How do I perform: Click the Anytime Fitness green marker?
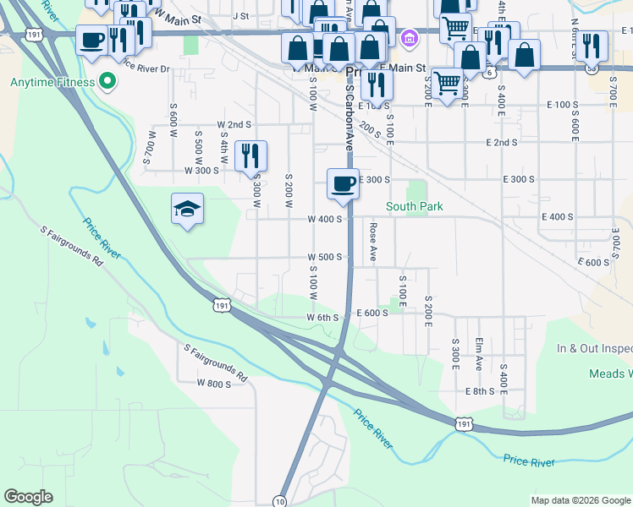point(107,82)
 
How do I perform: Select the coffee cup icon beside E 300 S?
point(344,184)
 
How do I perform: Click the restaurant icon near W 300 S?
point(250,155)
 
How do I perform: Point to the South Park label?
point(415,206)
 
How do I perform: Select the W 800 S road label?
point(213,383)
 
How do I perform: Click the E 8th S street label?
point(479,391)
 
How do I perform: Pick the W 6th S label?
point(322,318)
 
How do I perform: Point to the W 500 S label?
point(324,257)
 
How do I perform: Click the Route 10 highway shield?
point(279,501)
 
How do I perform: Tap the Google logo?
point(28,497)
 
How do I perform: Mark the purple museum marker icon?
point(410,37)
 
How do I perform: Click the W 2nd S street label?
point(234,124)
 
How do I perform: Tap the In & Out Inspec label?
point(594,348)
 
